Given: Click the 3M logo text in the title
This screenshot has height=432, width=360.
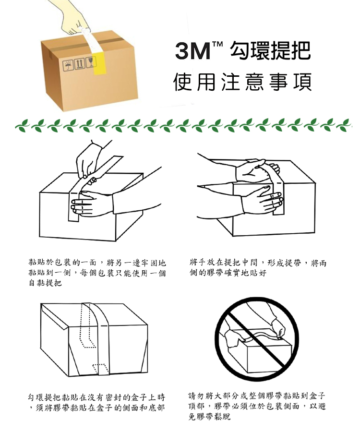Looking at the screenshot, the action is click(192, 51).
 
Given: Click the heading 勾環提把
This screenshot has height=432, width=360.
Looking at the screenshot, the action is click(270, 51).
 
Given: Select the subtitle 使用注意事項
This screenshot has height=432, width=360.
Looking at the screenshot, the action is click(243, 82).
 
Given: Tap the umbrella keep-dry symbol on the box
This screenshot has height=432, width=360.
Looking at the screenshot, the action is click(68, 66).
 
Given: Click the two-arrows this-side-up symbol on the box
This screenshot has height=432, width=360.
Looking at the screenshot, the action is click(80, 64).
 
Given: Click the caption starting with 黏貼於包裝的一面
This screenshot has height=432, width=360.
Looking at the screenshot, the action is click(97, 273).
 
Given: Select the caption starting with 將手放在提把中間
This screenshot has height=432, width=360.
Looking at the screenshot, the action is click(258, 267).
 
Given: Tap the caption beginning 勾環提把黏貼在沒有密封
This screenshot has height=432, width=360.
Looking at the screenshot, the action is click(96, 402).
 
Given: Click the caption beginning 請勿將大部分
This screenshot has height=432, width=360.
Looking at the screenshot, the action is click(257, 406).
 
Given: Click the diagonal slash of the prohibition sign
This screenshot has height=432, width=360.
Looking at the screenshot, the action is click(256, 338).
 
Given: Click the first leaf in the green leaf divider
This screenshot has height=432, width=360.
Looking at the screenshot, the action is click(22, 125).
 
